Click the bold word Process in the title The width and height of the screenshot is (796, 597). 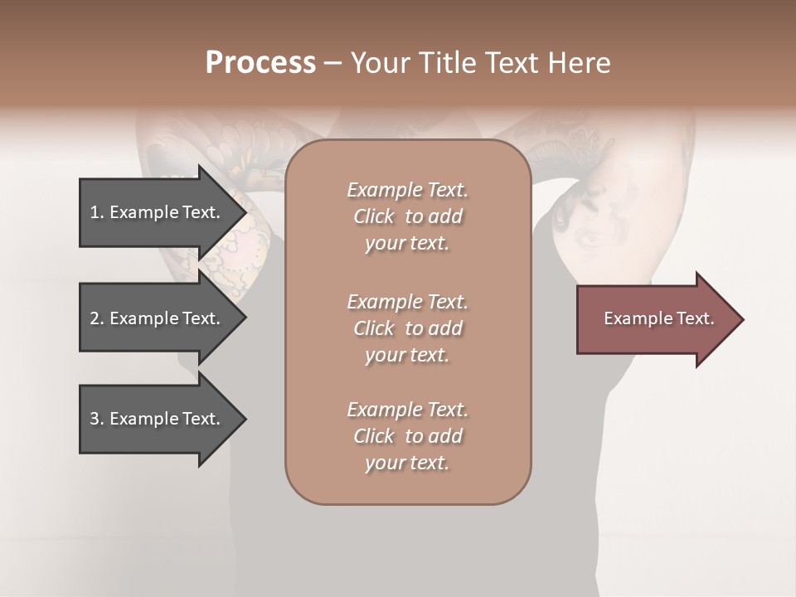(260, 63)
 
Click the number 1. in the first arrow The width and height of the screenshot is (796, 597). (96, 212)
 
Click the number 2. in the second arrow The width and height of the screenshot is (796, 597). (96, 318)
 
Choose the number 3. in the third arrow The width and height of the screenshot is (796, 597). (96, 419)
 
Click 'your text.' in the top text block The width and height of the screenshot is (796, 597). (407, 244)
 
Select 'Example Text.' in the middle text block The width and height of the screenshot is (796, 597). (407, 302)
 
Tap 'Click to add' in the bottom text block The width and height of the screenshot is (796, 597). (407, 436)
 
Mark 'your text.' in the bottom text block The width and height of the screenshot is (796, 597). (407, 464)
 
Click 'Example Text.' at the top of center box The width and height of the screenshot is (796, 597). (407, 190)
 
